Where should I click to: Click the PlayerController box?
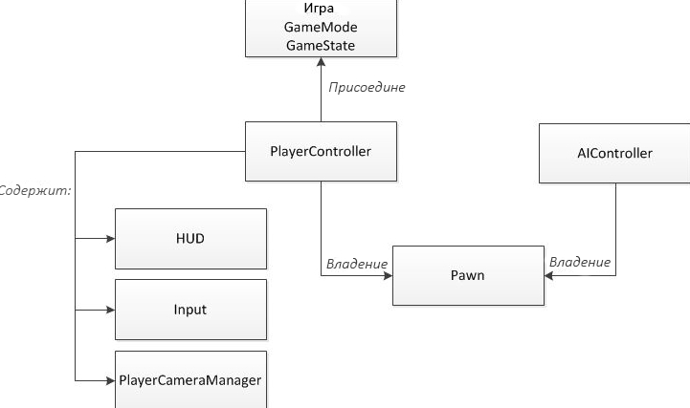(321, 152)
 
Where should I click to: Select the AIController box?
(614, 153)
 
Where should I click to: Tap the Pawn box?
(468, 275)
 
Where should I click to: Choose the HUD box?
(190, 239)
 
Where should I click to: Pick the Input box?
(190, 310)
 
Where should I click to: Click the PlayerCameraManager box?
(190, 380)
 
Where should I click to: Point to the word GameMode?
(321, 27)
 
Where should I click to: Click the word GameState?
(321, 46)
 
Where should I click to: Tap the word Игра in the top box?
(319, 8)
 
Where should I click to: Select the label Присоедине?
(367, 87)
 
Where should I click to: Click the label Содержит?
(34, 190)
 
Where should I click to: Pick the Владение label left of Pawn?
(357, 264)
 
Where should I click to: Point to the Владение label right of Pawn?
(580, 262)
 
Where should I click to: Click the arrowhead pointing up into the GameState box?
(322, 62)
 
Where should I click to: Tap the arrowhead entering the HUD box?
(110, 239)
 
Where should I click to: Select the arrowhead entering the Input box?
(110, 311)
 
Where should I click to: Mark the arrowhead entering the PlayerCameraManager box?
(110, 381)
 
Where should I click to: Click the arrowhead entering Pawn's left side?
(388, 276)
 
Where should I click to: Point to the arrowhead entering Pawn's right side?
(548, 276)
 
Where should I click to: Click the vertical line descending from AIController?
(615, 229)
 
